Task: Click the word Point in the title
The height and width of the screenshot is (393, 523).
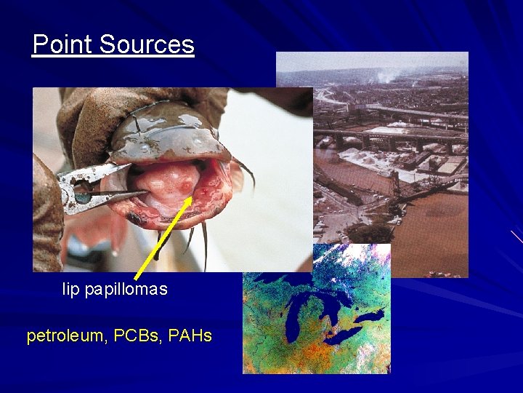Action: [63, 45]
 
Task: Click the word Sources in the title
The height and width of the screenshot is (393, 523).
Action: [147, 45]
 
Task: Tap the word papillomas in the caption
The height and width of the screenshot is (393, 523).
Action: [126, 290]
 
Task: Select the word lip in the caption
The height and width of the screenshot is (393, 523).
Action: [71, 290]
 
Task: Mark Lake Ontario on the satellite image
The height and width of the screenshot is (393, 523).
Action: [370, 317]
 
